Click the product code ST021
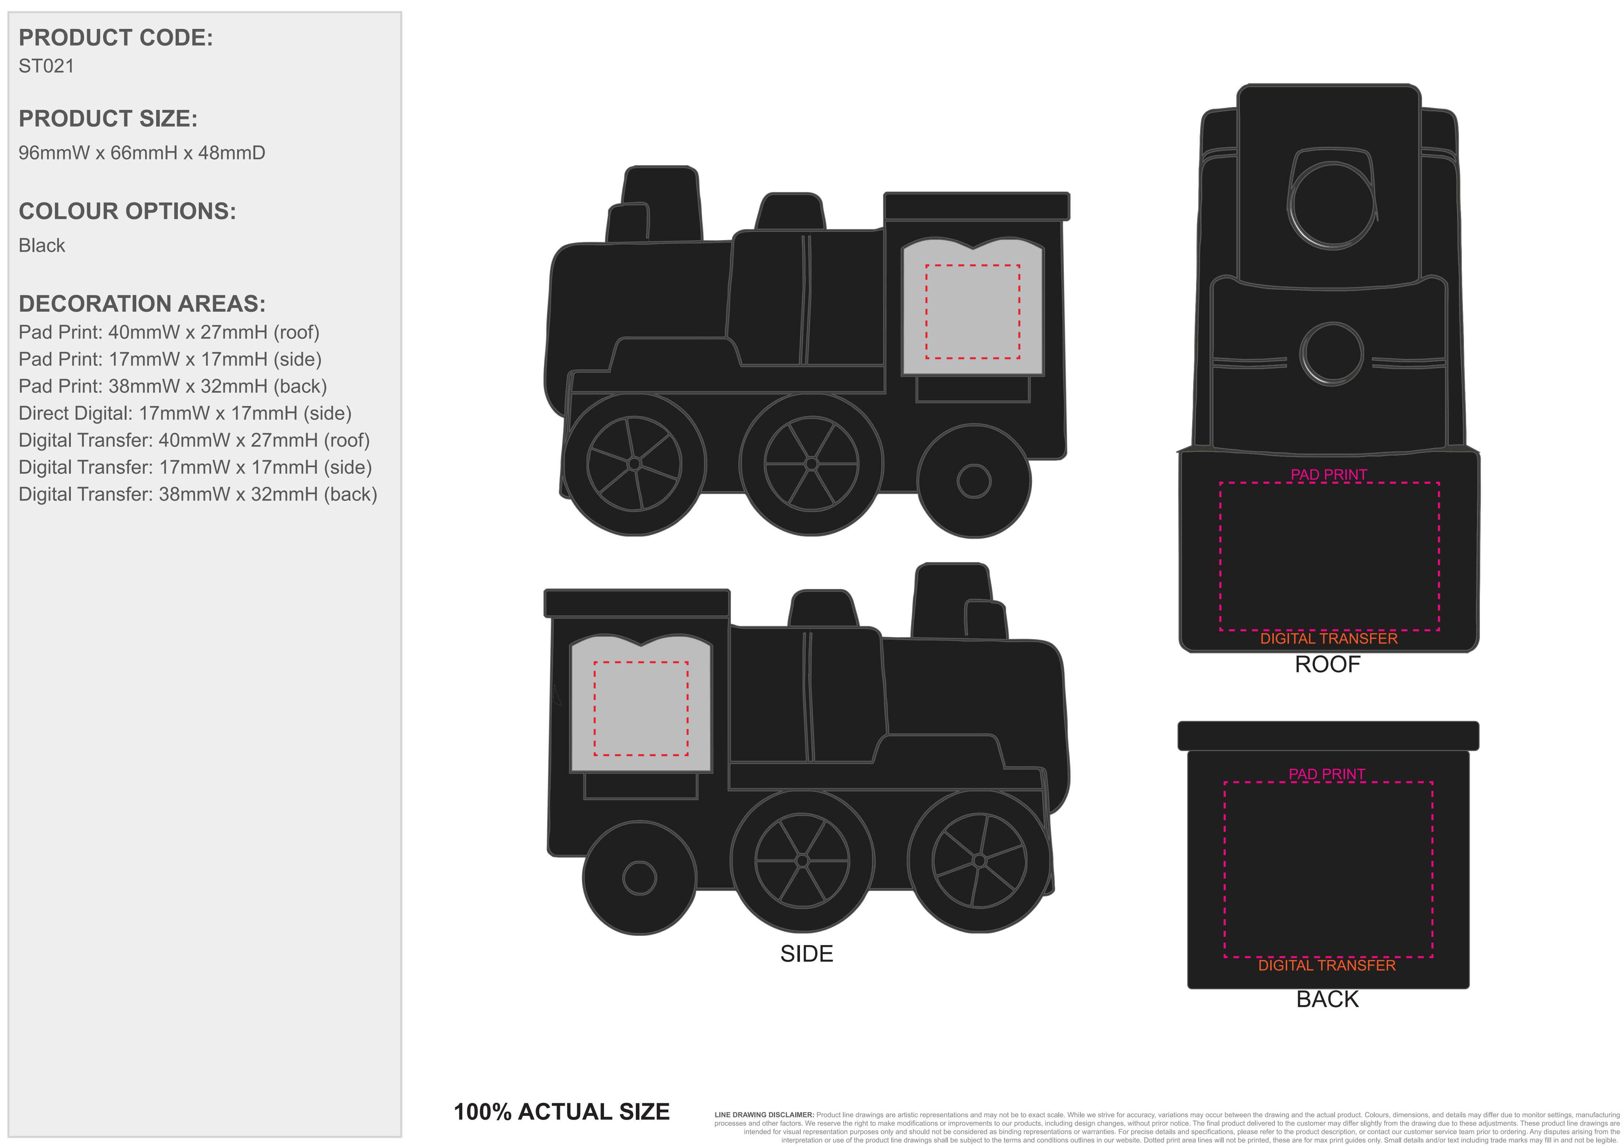(x=46, y=66)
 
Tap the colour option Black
(x=42, y=245)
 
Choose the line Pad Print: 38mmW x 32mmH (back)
(x=172, y=386)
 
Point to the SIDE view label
(x=806, y=953)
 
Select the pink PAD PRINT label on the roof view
(x=1329, y=474)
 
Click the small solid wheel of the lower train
(x=640, y=878)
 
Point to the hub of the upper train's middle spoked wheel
(x=811, y=464)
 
